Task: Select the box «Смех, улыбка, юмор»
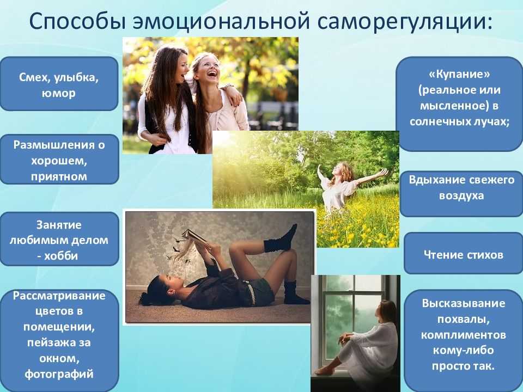[x=59, y=84]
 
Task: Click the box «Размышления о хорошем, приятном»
[x=59, y=160]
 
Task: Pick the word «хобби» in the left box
[x=61, y=256]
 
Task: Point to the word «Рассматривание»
[x=59, y=296]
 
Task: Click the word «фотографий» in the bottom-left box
[x=59, y=374]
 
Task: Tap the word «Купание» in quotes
[x=459, y=74]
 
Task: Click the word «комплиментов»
[x=464, y=335]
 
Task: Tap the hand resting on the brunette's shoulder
[x=232, y=94]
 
